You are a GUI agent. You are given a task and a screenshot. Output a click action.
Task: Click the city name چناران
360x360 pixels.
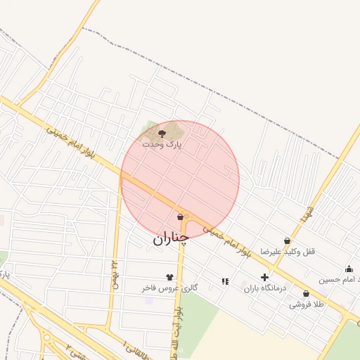pos(171,238)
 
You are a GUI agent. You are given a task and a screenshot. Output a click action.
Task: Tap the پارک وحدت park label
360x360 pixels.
pos(162,143)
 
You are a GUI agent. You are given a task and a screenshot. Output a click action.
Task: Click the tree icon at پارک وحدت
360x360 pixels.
pos(162,131)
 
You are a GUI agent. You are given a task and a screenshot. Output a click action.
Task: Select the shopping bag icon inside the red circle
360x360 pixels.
pos(181,217)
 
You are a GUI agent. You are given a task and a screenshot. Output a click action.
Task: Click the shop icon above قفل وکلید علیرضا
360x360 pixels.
pos(287,240)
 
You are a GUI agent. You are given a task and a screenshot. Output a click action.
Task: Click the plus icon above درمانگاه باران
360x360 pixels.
pos(264,278)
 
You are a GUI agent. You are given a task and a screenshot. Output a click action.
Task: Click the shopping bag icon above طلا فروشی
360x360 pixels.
pos(306,294)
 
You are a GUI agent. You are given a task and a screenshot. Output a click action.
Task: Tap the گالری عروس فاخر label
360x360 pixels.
pos(169,288)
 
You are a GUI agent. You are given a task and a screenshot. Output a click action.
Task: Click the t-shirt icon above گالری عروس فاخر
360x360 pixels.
pos(169,277)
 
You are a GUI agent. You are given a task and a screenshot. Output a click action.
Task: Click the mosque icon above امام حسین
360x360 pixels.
pos(349,269)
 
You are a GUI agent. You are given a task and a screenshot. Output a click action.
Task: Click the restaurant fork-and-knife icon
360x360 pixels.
pos(225,281)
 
